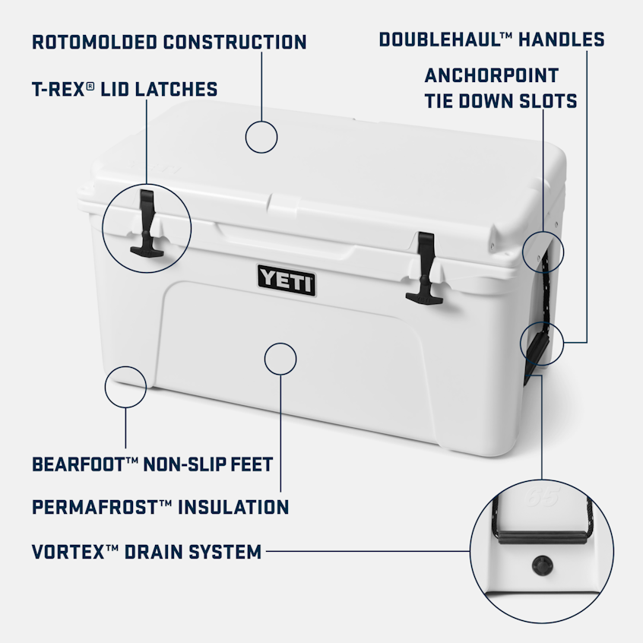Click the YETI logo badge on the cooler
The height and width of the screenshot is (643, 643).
click(287, 280)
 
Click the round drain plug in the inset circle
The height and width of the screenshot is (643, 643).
click(543, 565)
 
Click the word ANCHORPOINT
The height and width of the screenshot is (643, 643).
click(492, 76)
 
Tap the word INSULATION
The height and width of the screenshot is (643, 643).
click(233, 506)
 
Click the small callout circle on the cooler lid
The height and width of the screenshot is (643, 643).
click(261, 138)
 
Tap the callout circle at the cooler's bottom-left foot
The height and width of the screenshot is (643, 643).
click(125, 385)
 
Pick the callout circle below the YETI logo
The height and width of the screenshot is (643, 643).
click(280, 359)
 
